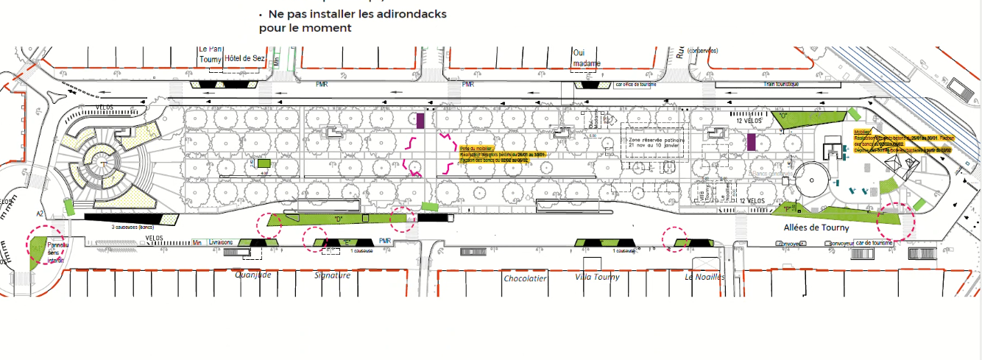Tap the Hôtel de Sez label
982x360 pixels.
(244, 59)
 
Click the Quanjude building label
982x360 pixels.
(253, 276)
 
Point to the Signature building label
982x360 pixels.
(332, 276)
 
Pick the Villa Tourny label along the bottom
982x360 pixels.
(597, 278)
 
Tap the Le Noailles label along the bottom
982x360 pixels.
(704, 278)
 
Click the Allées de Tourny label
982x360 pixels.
(817, 228)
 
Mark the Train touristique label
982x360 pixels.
(782, 85)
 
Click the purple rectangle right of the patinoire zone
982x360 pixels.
(752, 142)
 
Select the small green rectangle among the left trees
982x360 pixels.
(264, 163)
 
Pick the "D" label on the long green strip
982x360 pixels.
(339, 219)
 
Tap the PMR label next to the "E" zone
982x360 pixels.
(384, 241)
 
